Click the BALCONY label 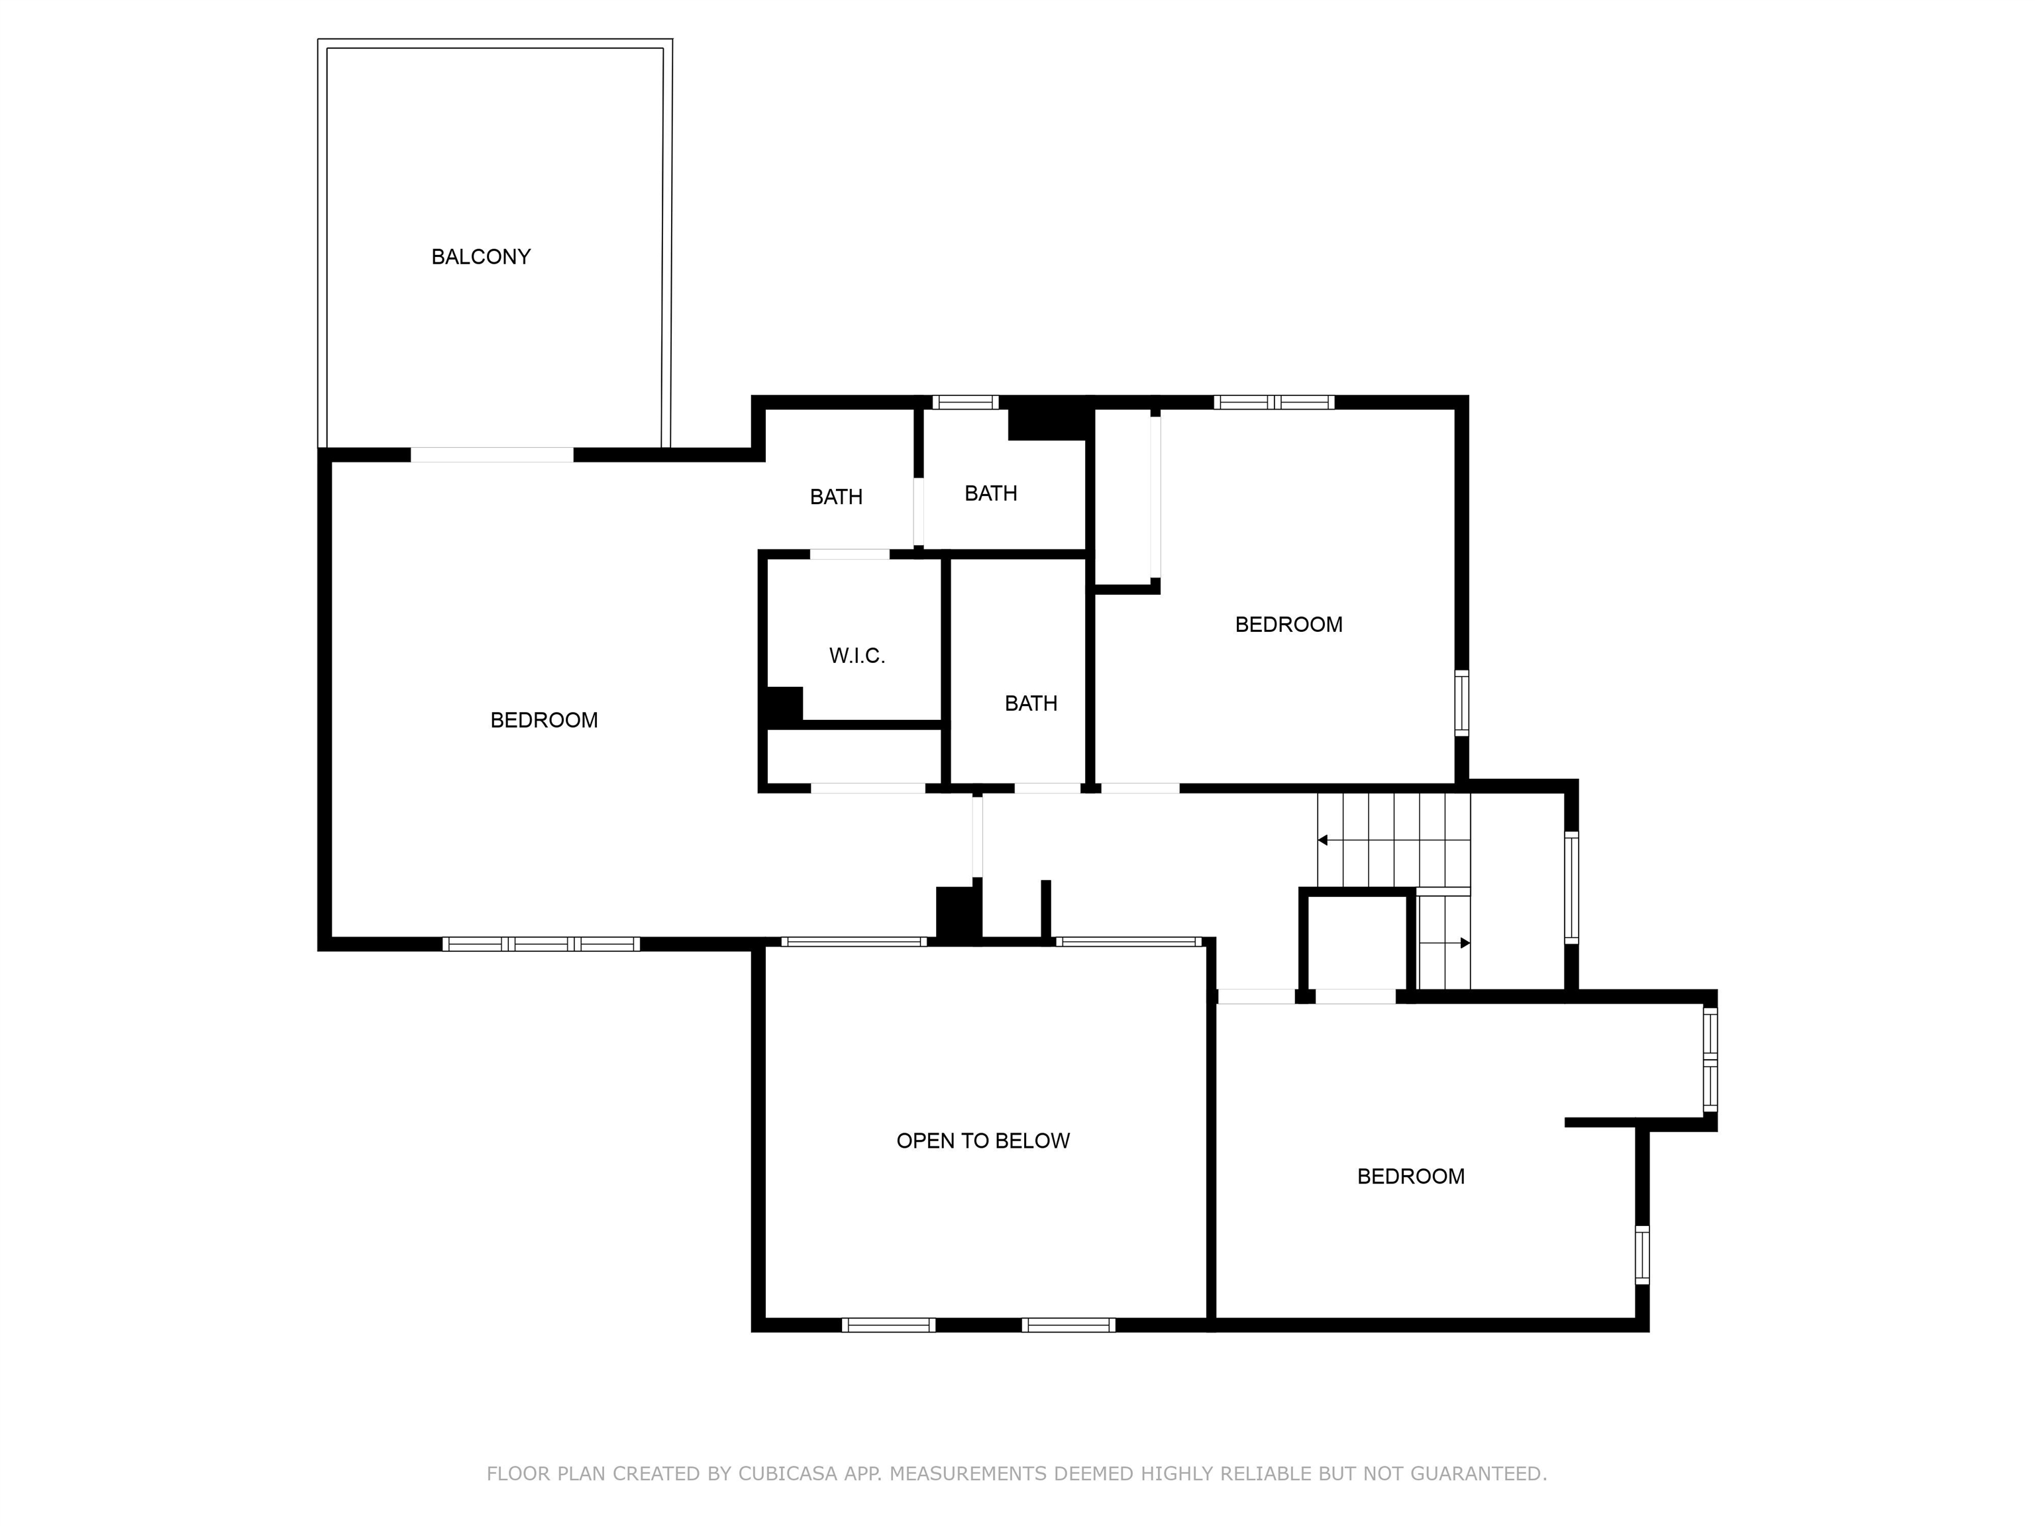(481, 256)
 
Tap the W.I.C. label (857, 656)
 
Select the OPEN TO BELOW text (982, 1141)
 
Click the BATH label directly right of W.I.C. (1030, 703)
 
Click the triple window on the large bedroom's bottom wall (541, 944)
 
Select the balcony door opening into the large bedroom (492, 454)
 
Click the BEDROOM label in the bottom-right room (1410, 1176)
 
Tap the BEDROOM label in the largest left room (544, 720)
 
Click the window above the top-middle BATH (965, 402)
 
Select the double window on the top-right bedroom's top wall (1274, 402)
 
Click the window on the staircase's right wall (1571, 888)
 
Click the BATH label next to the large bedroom (835, 497)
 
